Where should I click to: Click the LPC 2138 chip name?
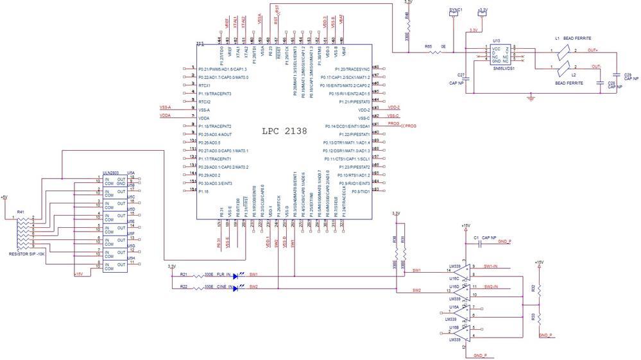pos(284,131)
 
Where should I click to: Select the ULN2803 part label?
pos(110,173)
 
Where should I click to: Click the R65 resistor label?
pos(428,46)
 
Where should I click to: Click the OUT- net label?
pos(595,66)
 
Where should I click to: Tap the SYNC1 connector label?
pos(456,10)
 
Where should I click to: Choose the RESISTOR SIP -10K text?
pos(27,254)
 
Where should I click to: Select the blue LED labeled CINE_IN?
pos(235,288)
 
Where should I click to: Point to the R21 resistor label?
pos(184,274)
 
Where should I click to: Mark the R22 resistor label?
pos(184,286)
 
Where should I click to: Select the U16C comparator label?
pos(454,279)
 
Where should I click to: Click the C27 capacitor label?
pos(461,75)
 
